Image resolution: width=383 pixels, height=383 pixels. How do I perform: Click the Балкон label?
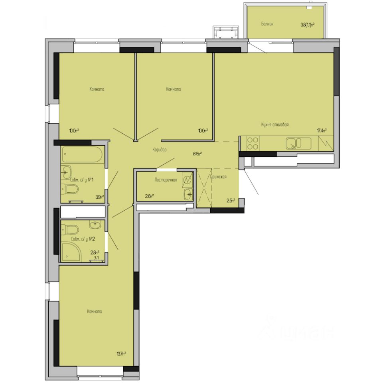coord(267,24)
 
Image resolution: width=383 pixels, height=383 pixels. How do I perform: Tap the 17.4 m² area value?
coord(322,130)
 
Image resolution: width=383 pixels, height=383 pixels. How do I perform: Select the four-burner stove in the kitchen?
coord(253,143)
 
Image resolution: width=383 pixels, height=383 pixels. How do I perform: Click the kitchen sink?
coord(298,143)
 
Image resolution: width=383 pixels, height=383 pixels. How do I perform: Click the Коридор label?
coord(159,150)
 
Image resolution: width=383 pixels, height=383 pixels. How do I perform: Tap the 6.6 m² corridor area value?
coord(197,153)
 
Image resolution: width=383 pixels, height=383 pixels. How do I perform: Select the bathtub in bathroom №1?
coord(83,155)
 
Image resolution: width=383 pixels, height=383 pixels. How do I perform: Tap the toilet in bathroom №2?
coord(70,230)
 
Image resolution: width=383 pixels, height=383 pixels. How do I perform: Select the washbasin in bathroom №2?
coord(95,225)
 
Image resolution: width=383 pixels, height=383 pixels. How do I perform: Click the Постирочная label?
coord(166,180)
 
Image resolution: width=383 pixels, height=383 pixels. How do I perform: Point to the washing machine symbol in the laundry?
coord(187,180)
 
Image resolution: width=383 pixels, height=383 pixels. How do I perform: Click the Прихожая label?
coord(218,177)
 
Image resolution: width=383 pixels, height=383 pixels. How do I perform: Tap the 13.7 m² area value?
coord(121,353)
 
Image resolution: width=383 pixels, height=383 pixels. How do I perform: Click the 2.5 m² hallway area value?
coord(231,200)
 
